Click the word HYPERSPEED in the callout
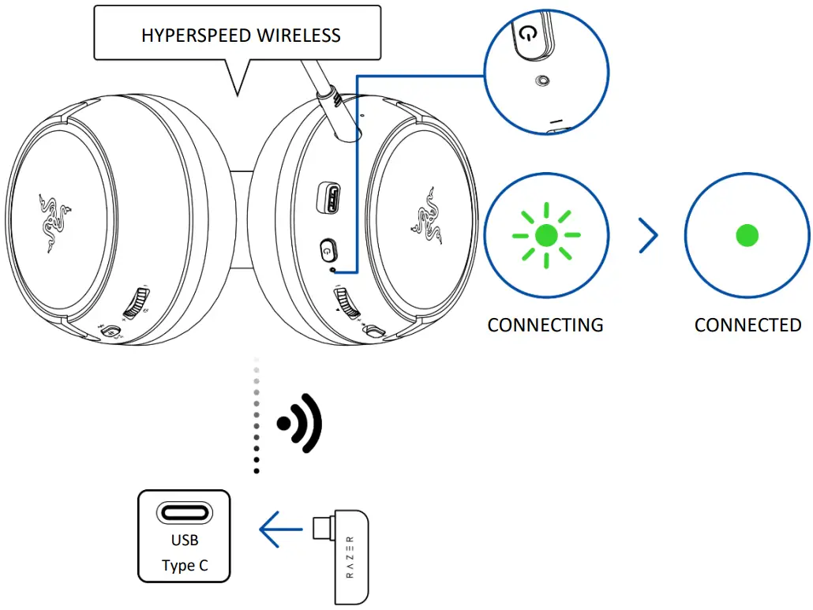(x=189, y=36)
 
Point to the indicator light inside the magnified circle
(x=541, y=80)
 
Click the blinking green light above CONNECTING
(x=545, y=235)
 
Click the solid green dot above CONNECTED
(x=747, y=235)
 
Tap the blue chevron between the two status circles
(x=648, y=235)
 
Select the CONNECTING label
(x=545, y=325)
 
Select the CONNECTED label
(x=747, y=325)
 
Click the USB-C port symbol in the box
(x=184, y=513)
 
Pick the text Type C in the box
(x=184, y=566)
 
